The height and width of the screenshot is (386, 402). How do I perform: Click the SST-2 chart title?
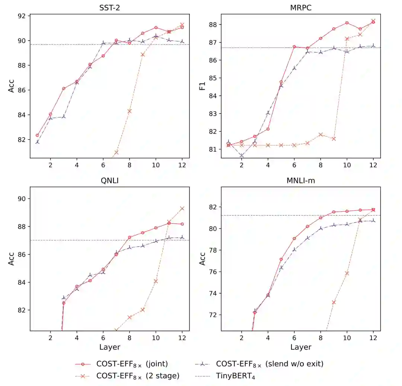click(x=109, y=7)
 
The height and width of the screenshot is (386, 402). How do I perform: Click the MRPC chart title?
click(x=301, y=7)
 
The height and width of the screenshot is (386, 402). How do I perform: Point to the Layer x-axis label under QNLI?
click(x=109, y=347)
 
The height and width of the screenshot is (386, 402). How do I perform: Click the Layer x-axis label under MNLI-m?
click(x=301, y=347)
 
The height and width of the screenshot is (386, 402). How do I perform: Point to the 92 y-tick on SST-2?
click(x=22, y=16)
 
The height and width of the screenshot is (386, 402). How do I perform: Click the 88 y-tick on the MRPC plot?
click(x=214, y=25)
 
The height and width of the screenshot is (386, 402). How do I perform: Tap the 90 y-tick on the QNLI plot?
click(x=22, y=199)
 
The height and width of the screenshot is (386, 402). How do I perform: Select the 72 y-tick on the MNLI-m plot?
click(x=214, y=315)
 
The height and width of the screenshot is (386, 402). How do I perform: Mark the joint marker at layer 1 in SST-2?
click(x=37, y=135)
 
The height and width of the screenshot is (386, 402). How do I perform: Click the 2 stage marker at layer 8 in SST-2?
click(x=130, y=111)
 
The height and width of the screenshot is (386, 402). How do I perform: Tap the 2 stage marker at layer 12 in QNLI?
click(x=182, y=208)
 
